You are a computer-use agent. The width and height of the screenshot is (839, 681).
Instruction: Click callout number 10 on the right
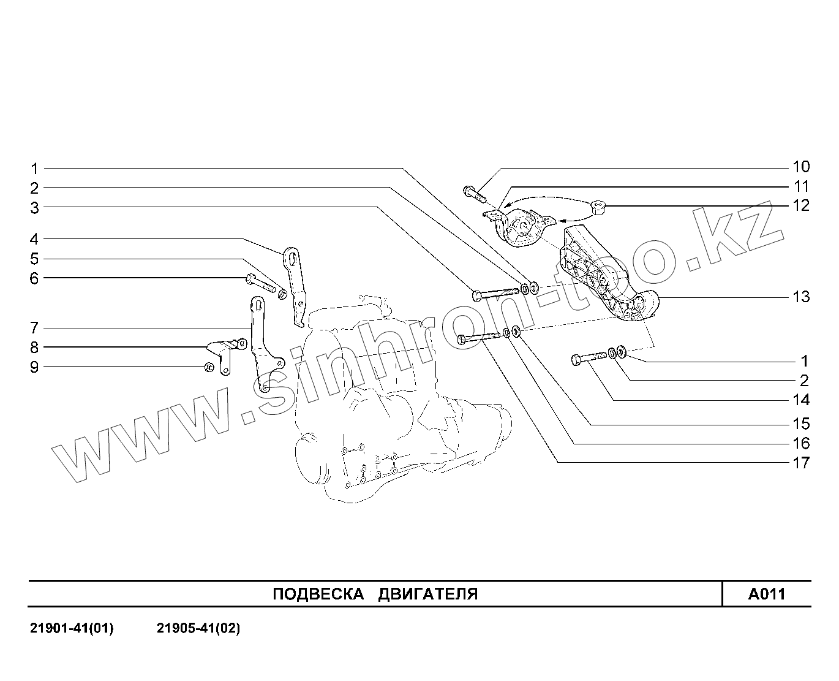click(800, 167)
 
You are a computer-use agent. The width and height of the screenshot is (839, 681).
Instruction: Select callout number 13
click(800, 297)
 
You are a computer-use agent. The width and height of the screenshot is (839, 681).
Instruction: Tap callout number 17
click(800, 463)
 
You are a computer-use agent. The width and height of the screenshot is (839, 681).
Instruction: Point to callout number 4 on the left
click(34, 239)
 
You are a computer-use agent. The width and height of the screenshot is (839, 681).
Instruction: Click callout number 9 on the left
click(34, 367)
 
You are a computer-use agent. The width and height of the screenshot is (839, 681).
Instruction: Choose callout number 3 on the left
click(34, 208)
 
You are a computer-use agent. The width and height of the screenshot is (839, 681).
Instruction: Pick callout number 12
click(800, 205)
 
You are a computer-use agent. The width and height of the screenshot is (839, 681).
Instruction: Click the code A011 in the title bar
click(766, 594)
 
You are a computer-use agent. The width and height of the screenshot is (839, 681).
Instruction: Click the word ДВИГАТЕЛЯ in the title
click(427, 594)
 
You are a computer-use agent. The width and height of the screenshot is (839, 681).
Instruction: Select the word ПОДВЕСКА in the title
click(314, 594)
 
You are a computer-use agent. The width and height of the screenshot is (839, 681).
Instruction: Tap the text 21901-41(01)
click(72, 629)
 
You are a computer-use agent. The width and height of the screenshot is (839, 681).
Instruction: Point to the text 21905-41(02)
click(198, 629)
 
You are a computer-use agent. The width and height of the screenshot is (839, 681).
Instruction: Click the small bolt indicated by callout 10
click(474, 193)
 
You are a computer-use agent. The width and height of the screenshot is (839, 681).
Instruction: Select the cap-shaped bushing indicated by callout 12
click(598, 209)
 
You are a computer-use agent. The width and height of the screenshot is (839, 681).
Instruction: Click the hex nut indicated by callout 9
click(208, 367)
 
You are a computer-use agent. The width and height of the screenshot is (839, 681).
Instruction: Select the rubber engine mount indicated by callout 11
click(521, 228)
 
